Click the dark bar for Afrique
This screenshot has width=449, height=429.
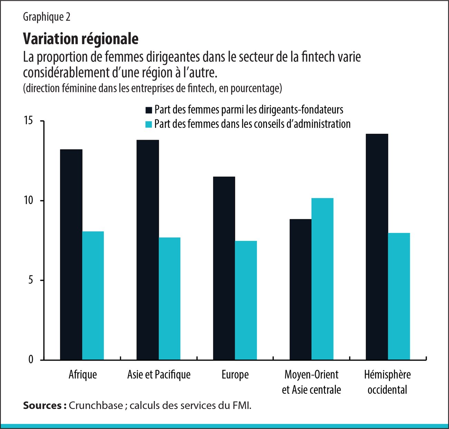click(71, 254)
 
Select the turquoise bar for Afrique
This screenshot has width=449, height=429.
click(93, 296)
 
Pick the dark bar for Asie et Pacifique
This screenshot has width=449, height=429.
click(147, 250)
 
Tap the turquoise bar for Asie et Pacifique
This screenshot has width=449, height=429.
click(169, 299)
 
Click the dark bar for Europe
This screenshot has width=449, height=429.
click(224, 268)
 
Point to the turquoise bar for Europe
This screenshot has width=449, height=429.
click(246, 300)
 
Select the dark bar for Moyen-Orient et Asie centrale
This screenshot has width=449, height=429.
click(300, 289)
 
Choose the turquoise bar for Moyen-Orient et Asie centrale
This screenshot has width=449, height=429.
click(322, 279)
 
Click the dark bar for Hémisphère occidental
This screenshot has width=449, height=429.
click(377, 247)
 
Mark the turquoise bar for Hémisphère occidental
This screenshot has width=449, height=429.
click(399, 296)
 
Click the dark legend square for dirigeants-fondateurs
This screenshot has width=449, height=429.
click(149, 110)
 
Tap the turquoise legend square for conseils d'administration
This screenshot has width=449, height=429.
click(149, 124)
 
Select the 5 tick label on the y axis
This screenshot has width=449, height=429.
click(31, 280)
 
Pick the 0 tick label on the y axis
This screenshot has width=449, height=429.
click(31, 360)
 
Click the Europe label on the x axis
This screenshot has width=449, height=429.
click(235, 375)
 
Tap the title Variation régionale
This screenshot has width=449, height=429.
click(80, 39)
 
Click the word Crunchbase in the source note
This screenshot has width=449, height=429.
click(96, 405)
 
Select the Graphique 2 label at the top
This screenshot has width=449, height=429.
click(47, 17)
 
